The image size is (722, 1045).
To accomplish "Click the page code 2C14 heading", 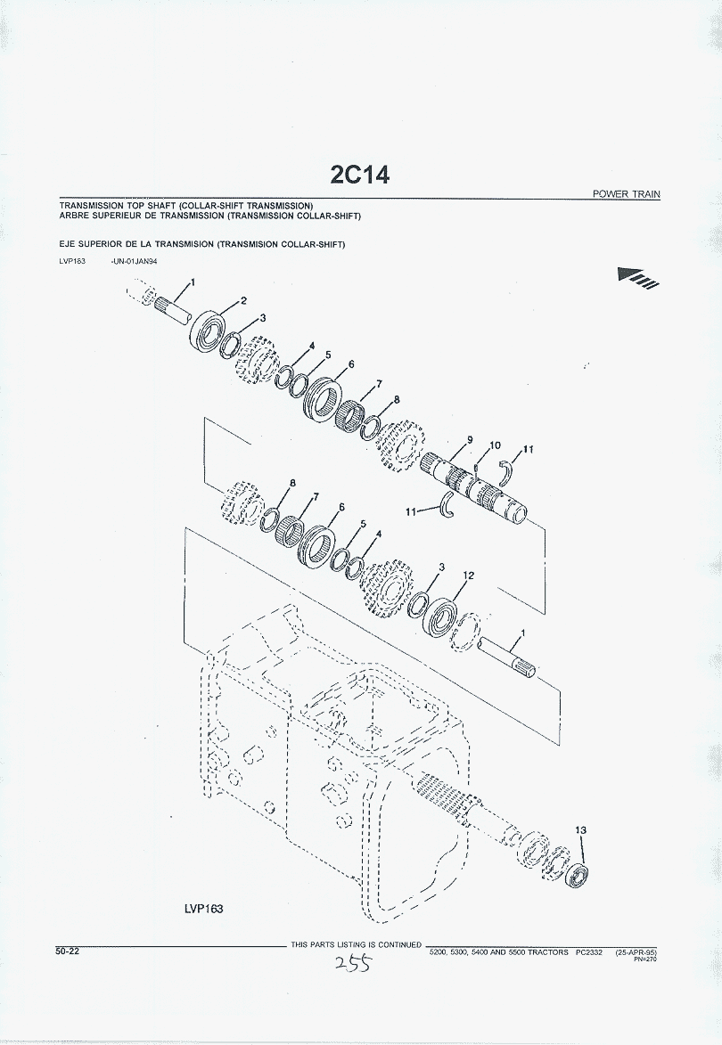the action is click(360, 175).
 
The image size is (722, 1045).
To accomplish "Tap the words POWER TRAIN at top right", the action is click(626, 194).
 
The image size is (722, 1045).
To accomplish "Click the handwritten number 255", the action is click(353, 963).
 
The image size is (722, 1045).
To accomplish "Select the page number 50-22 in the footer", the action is click(68, 951).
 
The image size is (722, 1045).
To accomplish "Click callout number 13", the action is click(580, 829).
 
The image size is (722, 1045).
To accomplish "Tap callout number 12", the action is click(469, 576).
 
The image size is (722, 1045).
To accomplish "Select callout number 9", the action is click(470, 440).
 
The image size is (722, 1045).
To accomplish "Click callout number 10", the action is click(495, 445).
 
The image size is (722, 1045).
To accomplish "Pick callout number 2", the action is click(244, 300).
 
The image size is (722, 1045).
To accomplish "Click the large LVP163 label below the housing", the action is click(204, 909).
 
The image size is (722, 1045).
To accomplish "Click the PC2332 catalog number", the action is click(588, 952).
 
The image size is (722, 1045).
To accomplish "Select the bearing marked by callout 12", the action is click(441, 617).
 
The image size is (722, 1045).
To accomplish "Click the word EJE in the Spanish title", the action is click(68, 245).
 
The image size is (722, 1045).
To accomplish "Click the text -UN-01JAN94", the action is click(134, 261).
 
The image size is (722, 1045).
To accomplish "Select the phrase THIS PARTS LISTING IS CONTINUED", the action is click(356, 944).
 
